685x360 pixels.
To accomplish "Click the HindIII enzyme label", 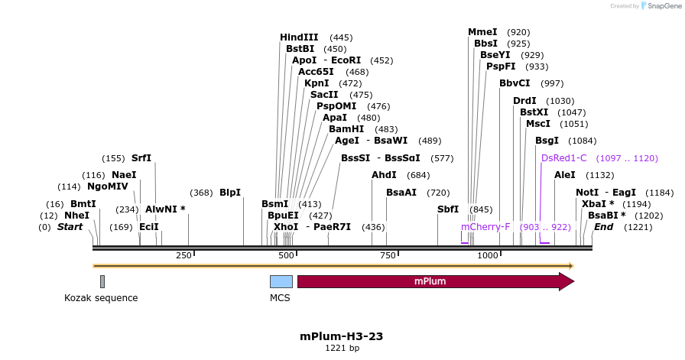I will [x=299, y=37].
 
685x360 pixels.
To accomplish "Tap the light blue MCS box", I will [x=281, y=281].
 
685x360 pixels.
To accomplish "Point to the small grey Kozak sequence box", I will [x=102, y=281].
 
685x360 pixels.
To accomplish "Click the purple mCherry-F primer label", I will [x=485, y=227].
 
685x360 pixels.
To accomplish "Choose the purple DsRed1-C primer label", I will [x=563, y=158].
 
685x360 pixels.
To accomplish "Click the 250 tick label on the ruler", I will [x=183, y=255].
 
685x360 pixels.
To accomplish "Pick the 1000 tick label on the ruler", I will [x=488, y=255].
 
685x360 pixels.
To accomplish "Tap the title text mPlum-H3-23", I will [x=342, y=336].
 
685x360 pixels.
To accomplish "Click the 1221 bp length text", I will [x=342, y=349].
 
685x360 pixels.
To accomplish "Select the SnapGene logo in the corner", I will [x=660, y=5].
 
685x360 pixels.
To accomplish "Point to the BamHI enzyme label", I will [x=346, y=129].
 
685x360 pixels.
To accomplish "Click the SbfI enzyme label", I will [x=448, y=209].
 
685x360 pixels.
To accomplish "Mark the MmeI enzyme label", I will [x=482, y=32].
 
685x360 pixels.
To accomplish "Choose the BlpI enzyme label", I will [x=230, y=193].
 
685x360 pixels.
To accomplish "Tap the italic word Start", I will [x=70, y=227].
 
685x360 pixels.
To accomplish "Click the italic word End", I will [x=604, y=227].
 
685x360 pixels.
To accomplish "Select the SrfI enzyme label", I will [x=141, y=158].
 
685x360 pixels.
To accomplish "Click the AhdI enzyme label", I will [x=384, y=175].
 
